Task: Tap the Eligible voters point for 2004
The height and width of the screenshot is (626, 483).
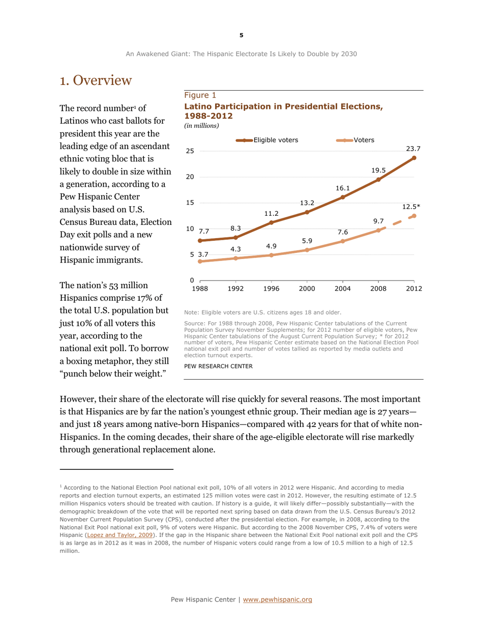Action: [x=343, y=197]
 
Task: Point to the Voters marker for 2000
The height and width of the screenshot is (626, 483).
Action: [x=307, y=250]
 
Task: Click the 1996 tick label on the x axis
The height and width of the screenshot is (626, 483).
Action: [x=271, y=289]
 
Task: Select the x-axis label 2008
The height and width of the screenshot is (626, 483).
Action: [x=378, y=289]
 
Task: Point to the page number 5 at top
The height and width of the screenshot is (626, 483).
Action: [x=241, y=35]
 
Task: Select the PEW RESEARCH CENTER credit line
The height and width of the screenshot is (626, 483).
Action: [x=216, y=366]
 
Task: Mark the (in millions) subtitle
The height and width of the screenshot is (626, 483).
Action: [x=201, y=125]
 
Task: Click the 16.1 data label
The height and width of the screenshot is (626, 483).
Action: [x=342, y=188]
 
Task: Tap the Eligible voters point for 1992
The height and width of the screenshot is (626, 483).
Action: [x=236, y=238]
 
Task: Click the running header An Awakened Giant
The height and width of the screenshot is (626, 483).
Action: [x=241, y=53]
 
